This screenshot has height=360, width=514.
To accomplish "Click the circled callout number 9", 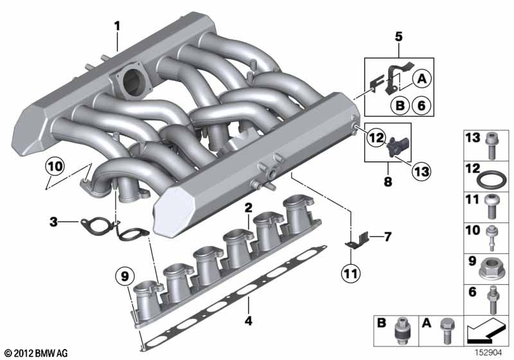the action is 125,276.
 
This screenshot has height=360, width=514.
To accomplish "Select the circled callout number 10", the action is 55,166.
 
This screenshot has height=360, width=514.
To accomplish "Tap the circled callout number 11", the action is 351,273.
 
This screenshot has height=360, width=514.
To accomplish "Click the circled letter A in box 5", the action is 422,79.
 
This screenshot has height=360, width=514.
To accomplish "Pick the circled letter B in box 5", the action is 400,105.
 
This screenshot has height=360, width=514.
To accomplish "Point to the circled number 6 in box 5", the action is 421,105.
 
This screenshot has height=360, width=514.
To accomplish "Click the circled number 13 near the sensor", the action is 421,172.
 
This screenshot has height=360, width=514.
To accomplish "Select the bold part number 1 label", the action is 117,26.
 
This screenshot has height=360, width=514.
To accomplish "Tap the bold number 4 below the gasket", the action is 249,321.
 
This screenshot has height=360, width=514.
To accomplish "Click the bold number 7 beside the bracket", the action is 387,237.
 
